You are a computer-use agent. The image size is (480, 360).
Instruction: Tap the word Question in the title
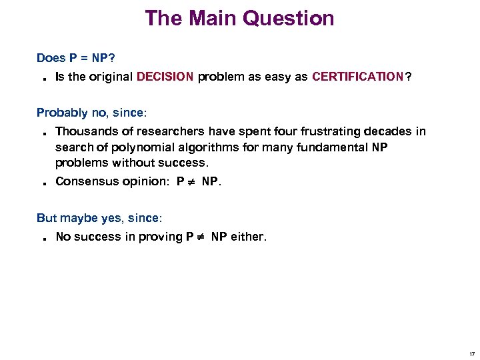(x=289, y=18)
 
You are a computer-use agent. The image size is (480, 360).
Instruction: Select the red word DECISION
(x=165, y=77)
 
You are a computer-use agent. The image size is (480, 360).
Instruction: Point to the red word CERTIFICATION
(x=357, y=77)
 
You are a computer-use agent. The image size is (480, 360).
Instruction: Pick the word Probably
(x=61, y=113)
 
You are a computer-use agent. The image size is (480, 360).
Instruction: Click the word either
(x=248, y=237)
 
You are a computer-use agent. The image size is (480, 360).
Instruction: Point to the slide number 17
(x=472, y=353)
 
